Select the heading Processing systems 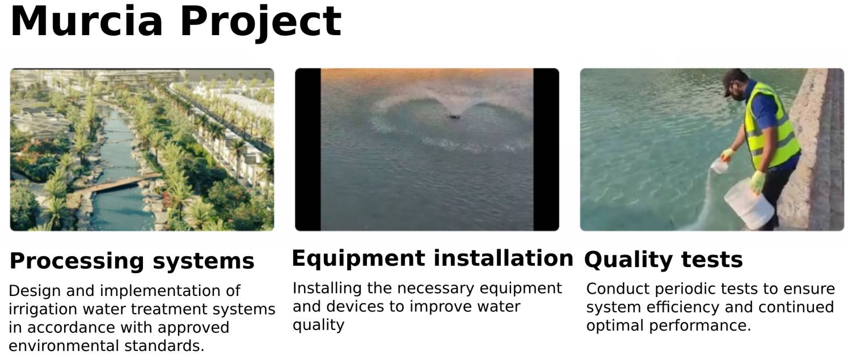(132, 261)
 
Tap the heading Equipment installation (432, 259)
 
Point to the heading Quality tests (663, 260)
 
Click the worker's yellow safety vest (770, 125)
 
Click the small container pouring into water (719, 166)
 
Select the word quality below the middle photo (318, 325)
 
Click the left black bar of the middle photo (308, 150)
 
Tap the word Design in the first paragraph (35, 291)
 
